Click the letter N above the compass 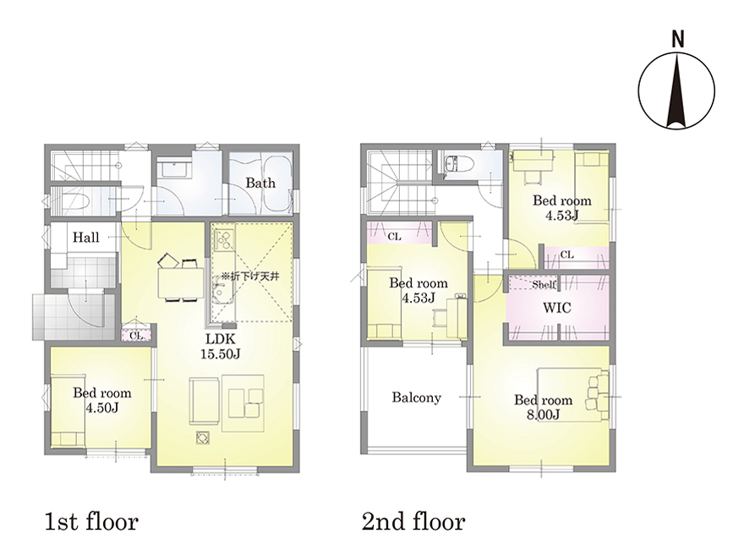678,40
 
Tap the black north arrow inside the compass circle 676,90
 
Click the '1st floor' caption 91,522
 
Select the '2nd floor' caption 413,522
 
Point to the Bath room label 260,183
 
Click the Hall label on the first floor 86,238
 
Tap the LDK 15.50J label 220,347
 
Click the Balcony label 417,397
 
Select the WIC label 557,308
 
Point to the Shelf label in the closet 544,284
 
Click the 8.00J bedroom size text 544,415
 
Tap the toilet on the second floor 457,164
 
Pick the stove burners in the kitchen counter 223,240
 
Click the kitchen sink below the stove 222,293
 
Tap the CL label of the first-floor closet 136,336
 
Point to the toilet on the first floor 74,203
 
